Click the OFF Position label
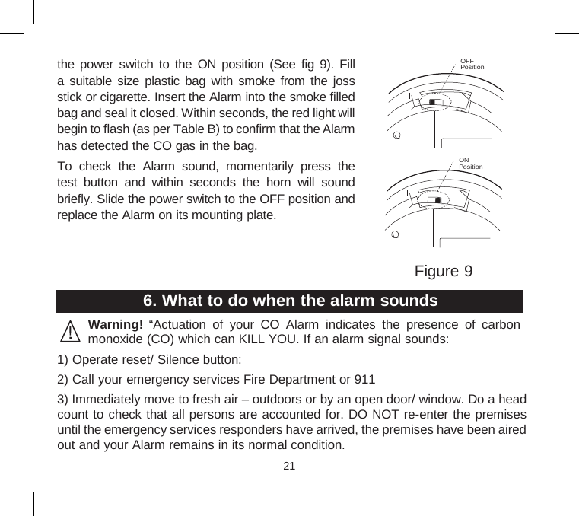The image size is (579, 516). (472, 63)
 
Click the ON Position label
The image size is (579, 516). (470, 164)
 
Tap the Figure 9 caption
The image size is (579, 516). (444, 271)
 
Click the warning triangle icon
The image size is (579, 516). (71, 333)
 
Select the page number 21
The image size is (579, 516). (289, 466)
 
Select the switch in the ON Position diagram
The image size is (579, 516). (435, 199)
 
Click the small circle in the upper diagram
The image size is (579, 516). (396, 136)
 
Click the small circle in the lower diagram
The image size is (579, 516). (394, 234)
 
